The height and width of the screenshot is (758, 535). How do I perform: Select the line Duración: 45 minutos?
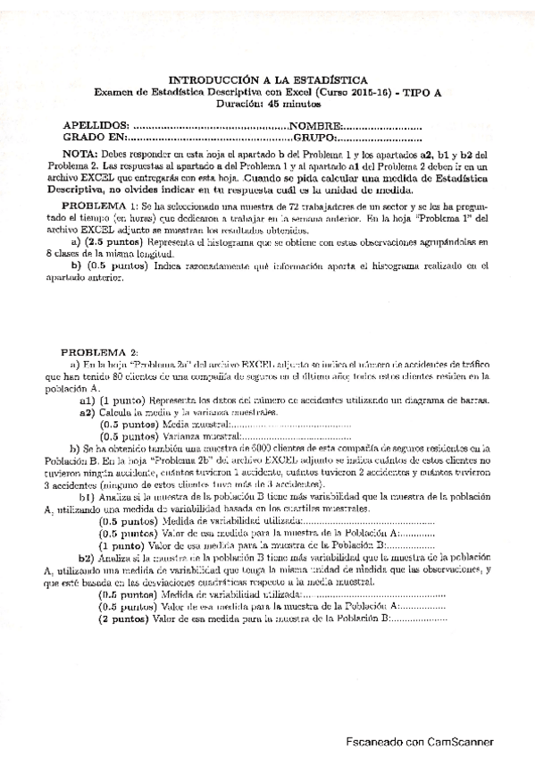coord(267,103)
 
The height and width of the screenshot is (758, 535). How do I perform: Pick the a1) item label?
coord(87,402)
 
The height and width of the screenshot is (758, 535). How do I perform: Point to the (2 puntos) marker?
coord(124,619)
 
